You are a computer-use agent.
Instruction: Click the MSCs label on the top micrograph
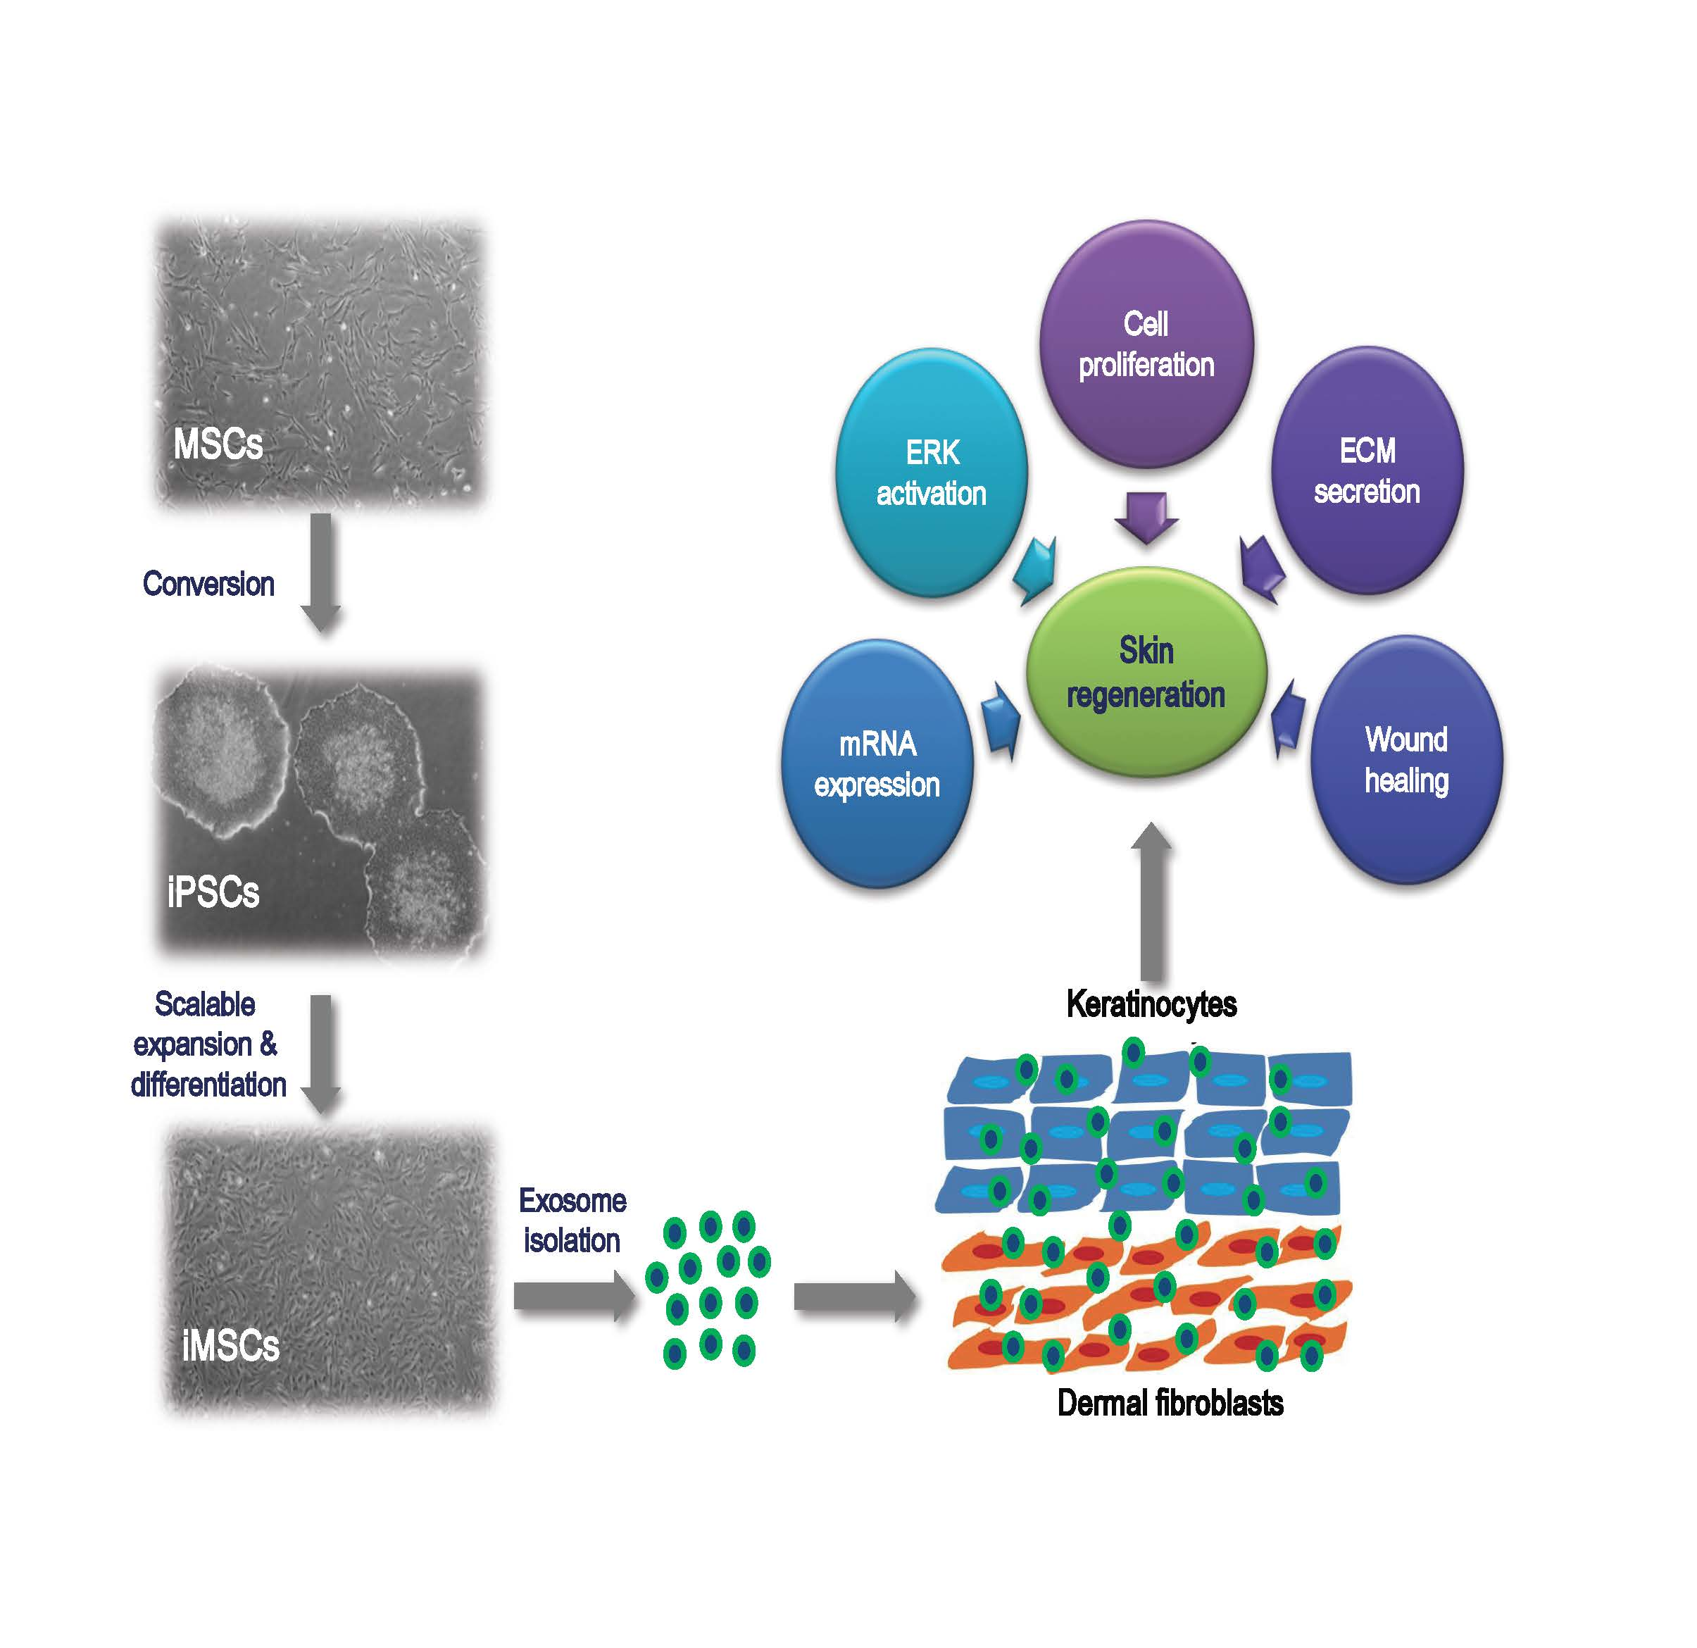pyautogui.click(x=218, y=444)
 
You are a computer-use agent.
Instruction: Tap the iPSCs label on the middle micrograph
pyautogui.click(x=213, y=892)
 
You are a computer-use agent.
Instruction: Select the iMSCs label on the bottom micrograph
pyautogui.click(x=230, y=1346)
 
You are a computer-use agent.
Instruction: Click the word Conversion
pyautogui.click(x=208, y=584)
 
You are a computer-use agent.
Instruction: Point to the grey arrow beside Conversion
pyautogui.click(x=321, y=572)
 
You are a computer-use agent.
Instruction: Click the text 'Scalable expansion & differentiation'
pyautogui.click(x=207, y=1044)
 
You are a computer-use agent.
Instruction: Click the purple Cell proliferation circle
pyautogui.click(x=1146, y=344)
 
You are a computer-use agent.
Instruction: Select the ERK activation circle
pyautogui.click(x=931, y=472)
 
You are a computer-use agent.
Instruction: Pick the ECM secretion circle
pyautogui.click(x=1367, y=470)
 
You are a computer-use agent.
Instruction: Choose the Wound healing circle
pyautogui.click(x=1406, y=759)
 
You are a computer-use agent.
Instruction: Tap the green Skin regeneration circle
pyautogui.click(x=1146, y=673)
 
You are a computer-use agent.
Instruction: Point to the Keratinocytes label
pyautogui.click(x=1151, y=1004)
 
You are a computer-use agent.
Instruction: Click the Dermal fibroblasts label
pyautogui.click(x=1170, y=1402)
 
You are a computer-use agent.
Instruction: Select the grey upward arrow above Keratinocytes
pyautogui.click(x=1151, y=901)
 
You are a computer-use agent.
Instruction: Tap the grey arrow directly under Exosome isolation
pyautogui.click(x=574, y=1297)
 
